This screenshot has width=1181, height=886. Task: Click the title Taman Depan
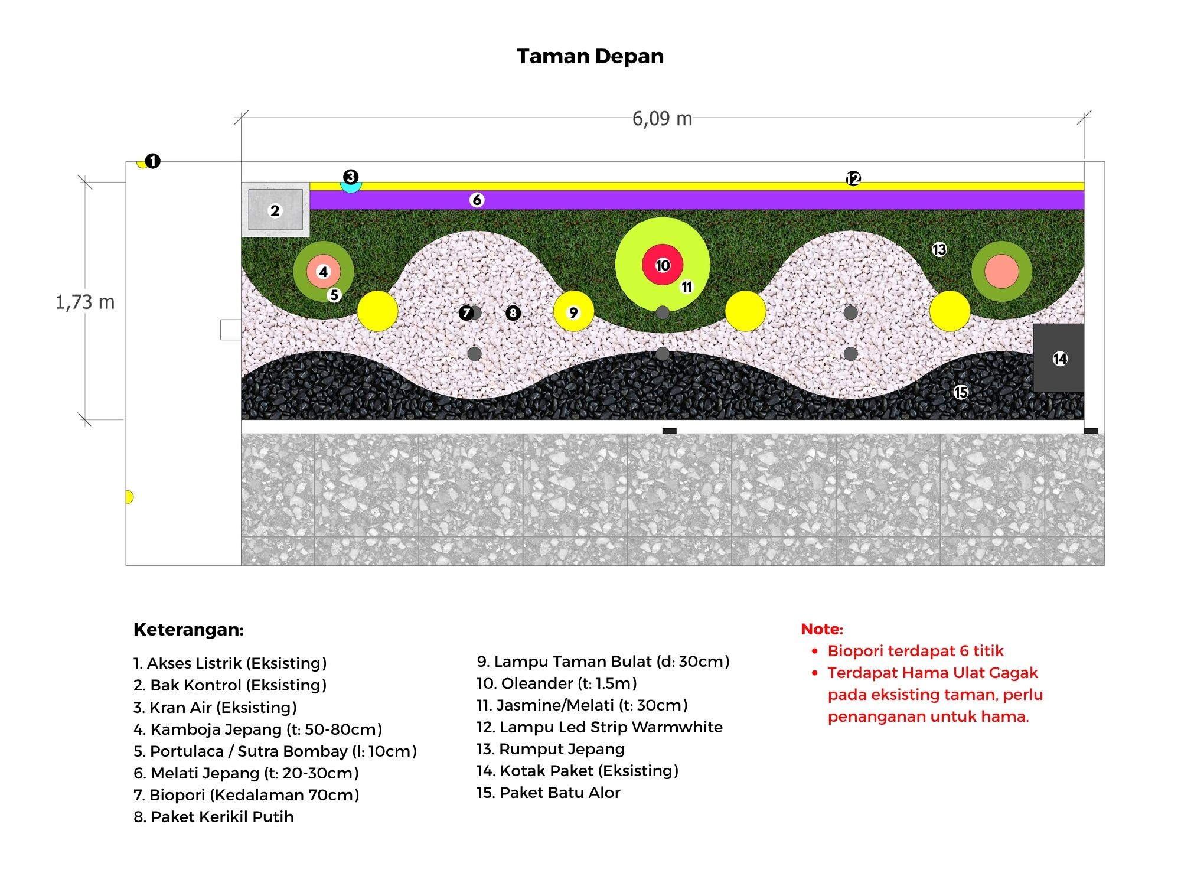click(590, 56)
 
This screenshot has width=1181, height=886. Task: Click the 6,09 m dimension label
click(662, 119)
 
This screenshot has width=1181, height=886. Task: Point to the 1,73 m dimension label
click(85, 302)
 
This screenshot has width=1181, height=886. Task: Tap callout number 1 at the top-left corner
click(152, 161)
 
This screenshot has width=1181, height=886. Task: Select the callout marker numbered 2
click(275, 211)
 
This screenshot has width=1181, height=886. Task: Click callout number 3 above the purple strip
click(351, 177)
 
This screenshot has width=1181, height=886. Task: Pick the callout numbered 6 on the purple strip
click(477, 200)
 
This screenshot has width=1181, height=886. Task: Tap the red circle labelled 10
click(663, 265)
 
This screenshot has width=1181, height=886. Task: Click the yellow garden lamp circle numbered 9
click(573, 311)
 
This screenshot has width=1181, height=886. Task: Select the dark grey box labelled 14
click(1059, 358)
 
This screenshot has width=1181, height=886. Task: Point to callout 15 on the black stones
click(961, 392)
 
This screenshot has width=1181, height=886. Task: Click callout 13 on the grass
click(939, 249)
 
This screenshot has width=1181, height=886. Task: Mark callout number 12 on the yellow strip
click(853, 178)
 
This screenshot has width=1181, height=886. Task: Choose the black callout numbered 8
click(513, 312)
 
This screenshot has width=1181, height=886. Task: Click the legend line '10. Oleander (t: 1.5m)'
click(557, 683)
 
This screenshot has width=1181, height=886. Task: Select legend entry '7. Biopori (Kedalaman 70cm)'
click(246, 795)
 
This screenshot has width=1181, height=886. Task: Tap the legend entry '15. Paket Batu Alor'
click(549, 793)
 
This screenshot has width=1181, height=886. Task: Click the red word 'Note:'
click(822, 629)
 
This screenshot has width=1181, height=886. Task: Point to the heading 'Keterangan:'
click(188, 630)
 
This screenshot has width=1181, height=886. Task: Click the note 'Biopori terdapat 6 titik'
click(915, 651)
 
